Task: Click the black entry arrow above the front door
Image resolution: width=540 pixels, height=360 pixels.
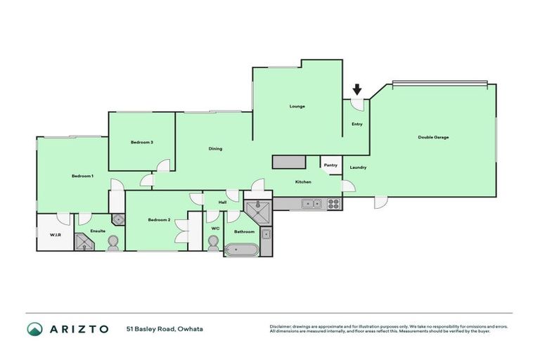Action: point(357,89)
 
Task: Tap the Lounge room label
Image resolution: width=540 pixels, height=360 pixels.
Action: point(297,106)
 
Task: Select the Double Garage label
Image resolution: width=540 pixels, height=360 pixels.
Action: point(433,137)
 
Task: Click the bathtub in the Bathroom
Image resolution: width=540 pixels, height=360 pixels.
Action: point(242,249)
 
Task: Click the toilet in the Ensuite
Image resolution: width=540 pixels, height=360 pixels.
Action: point(112,243)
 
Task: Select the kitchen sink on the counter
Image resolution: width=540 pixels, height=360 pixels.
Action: point(311,204)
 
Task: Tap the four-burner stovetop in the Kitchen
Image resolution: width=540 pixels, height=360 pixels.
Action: point(333,204)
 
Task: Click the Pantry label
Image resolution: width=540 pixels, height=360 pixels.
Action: point(330,165)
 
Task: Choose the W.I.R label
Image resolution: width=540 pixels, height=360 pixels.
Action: point(54,234)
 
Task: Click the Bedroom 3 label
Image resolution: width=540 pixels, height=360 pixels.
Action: point(141,143)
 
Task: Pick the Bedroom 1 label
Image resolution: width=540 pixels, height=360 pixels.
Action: point(82,176)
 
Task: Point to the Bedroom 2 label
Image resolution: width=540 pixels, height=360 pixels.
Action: point(159,220)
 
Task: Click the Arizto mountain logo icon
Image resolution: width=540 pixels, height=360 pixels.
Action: point(34,329)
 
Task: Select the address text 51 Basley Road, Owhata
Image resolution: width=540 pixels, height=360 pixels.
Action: point(165,328)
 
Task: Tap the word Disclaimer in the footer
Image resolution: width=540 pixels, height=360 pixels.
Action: point(282,326)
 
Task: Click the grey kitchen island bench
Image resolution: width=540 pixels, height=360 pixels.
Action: point(289,162)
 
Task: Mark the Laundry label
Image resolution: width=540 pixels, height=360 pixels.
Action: point(358,167)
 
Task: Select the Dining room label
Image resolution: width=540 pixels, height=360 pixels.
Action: point(216,148)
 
